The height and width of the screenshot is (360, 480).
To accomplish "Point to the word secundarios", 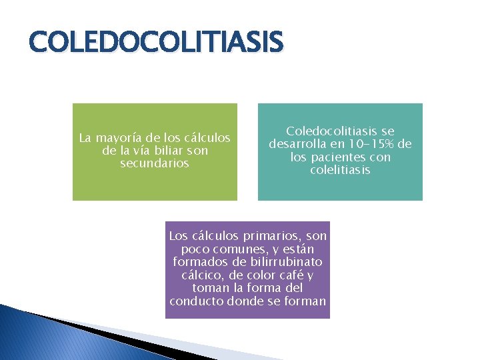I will pos(155,163).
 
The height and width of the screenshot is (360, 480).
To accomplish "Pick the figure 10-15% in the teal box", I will pos(365,144).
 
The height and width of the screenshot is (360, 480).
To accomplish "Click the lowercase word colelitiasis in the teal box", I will pos(340,170).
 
